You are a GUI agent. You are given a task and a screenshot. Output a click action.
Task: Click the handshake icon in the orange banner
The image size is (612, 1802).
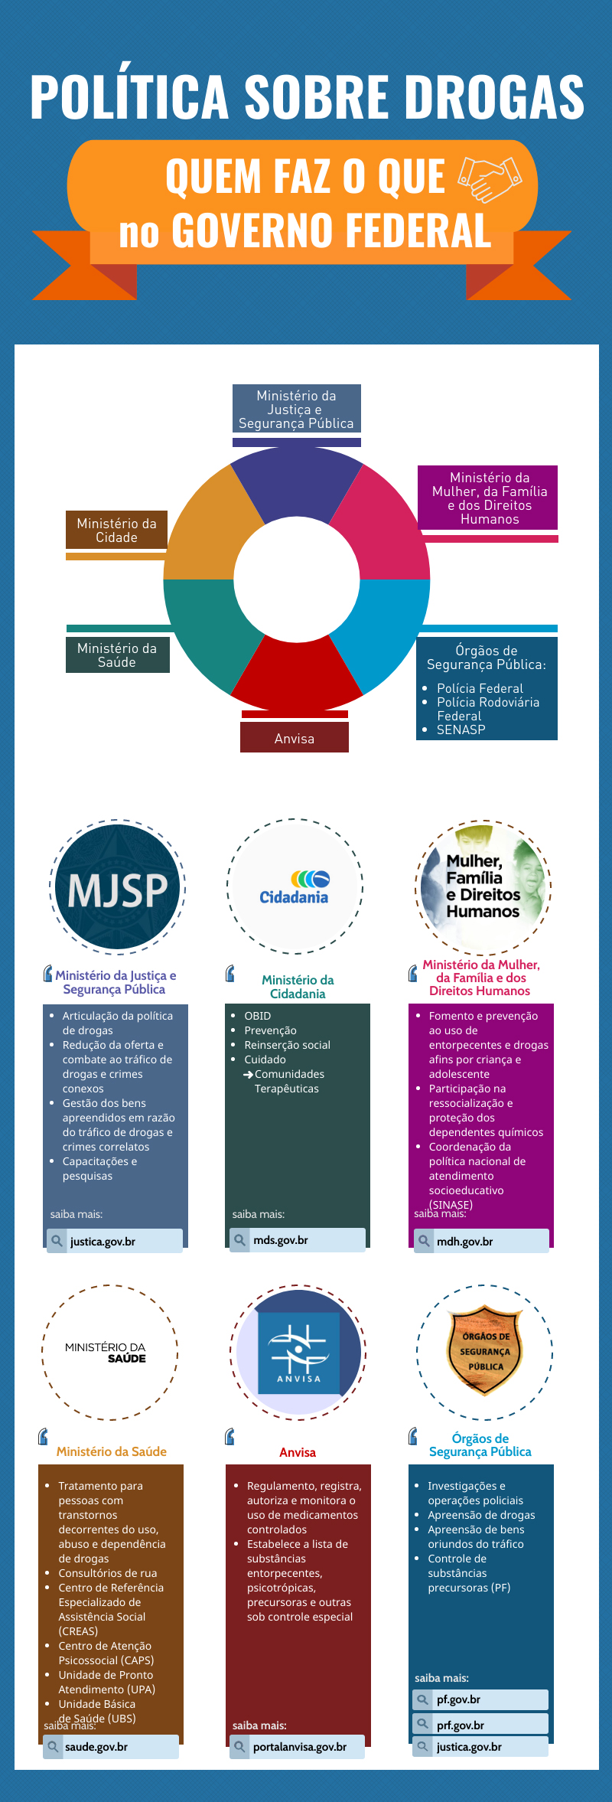(490, 178)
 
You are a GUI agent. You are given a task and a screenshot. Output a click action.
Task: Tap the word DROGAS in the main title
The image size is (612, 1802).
(494, 97)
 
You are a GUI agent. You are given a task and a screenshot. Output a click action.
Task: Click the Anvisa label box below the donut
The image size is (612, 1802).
(295, 738)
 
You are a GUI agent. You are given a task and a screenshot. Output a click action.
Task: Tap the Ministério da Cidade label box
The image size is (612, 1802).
(116, 530)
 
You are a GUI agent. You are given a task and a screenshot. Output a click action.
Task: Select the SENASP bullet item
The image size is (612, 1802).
(461, 730)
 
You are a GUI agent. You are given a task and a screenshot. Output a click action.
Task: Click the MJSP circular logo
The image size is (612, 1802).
(118, 888)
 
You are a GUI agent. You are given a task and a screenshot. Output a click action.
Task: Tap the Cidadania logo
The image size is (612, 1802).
(295, 888)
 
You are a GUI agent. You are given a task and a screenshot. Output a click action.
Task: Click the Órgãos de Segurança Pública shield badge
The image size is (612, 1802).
(485, 1350)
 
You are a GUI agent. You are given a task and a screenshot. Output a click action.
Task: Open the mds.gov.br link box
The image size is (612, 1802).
(298, 1239)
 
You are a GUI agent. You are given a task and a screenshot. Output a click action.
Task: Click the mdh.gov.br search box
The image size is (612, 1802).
(481, 1241)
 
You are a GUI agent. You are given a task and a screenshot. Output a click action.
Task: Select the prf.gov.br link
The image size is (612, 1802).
(480, 1725)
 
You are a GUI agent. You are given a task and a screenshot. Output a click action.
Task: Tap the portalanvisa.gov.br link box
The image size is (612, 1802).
(297, 1747)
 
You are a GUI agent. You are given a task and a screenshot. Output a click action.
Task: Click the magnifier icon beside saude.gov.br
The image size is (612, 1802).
(53, 1747)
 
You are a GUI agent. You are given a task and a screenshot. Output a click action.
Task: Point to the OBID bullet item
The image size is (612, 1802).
(258, 1016)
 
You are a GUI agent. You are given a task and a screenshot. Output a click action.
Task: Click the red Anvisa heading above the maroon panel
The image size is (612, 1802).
(298, 1452)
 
